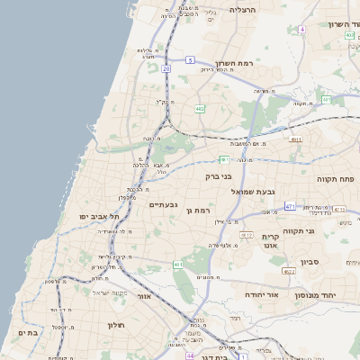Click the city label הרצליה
[243, 10]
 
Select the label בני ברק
[220, 176]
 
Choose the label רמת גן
[198, 211]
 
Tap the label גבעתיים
[162, 205]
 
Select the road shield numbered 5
[190, 59]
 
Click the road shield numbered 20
[166, 67]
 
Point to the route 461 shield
[178, 265]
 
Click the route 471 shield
[290, 206]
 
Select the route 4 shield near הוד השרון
[302, 30]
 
